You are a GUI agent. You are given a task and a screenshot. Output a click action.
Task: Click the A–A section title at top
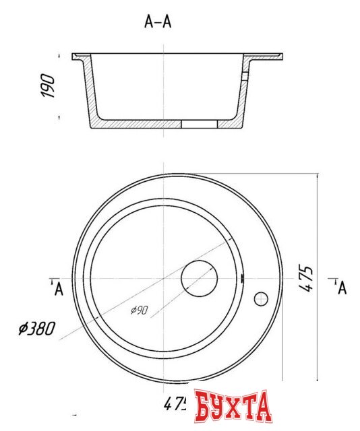[158, 22]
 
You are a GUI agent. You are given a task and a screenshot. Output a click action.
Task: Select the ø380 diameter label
[38, 329]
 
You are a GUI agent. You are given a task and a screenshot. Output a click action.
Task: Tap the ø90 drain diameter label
[140, 310]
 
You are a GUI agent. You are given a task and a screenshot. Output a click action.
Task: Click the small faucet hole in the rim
[261, 298]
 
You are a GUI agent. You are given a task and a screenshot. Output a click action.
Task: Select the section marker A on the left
[59, 289]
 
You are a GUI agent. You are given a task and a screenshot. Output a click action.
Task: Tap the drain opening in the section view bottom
[200, 125]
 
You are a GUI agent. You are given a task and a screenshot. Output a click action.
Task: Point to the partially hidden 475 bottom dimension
[175, 404]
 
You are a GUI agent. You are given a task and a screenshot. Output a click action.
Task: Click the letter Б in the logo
[205, 405]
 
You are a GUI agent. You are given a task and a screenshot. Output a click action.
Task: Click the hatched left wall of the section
[90, 94]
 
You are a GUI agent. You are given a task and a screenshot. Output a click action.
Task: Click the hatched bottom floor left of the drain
[142, 125]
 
